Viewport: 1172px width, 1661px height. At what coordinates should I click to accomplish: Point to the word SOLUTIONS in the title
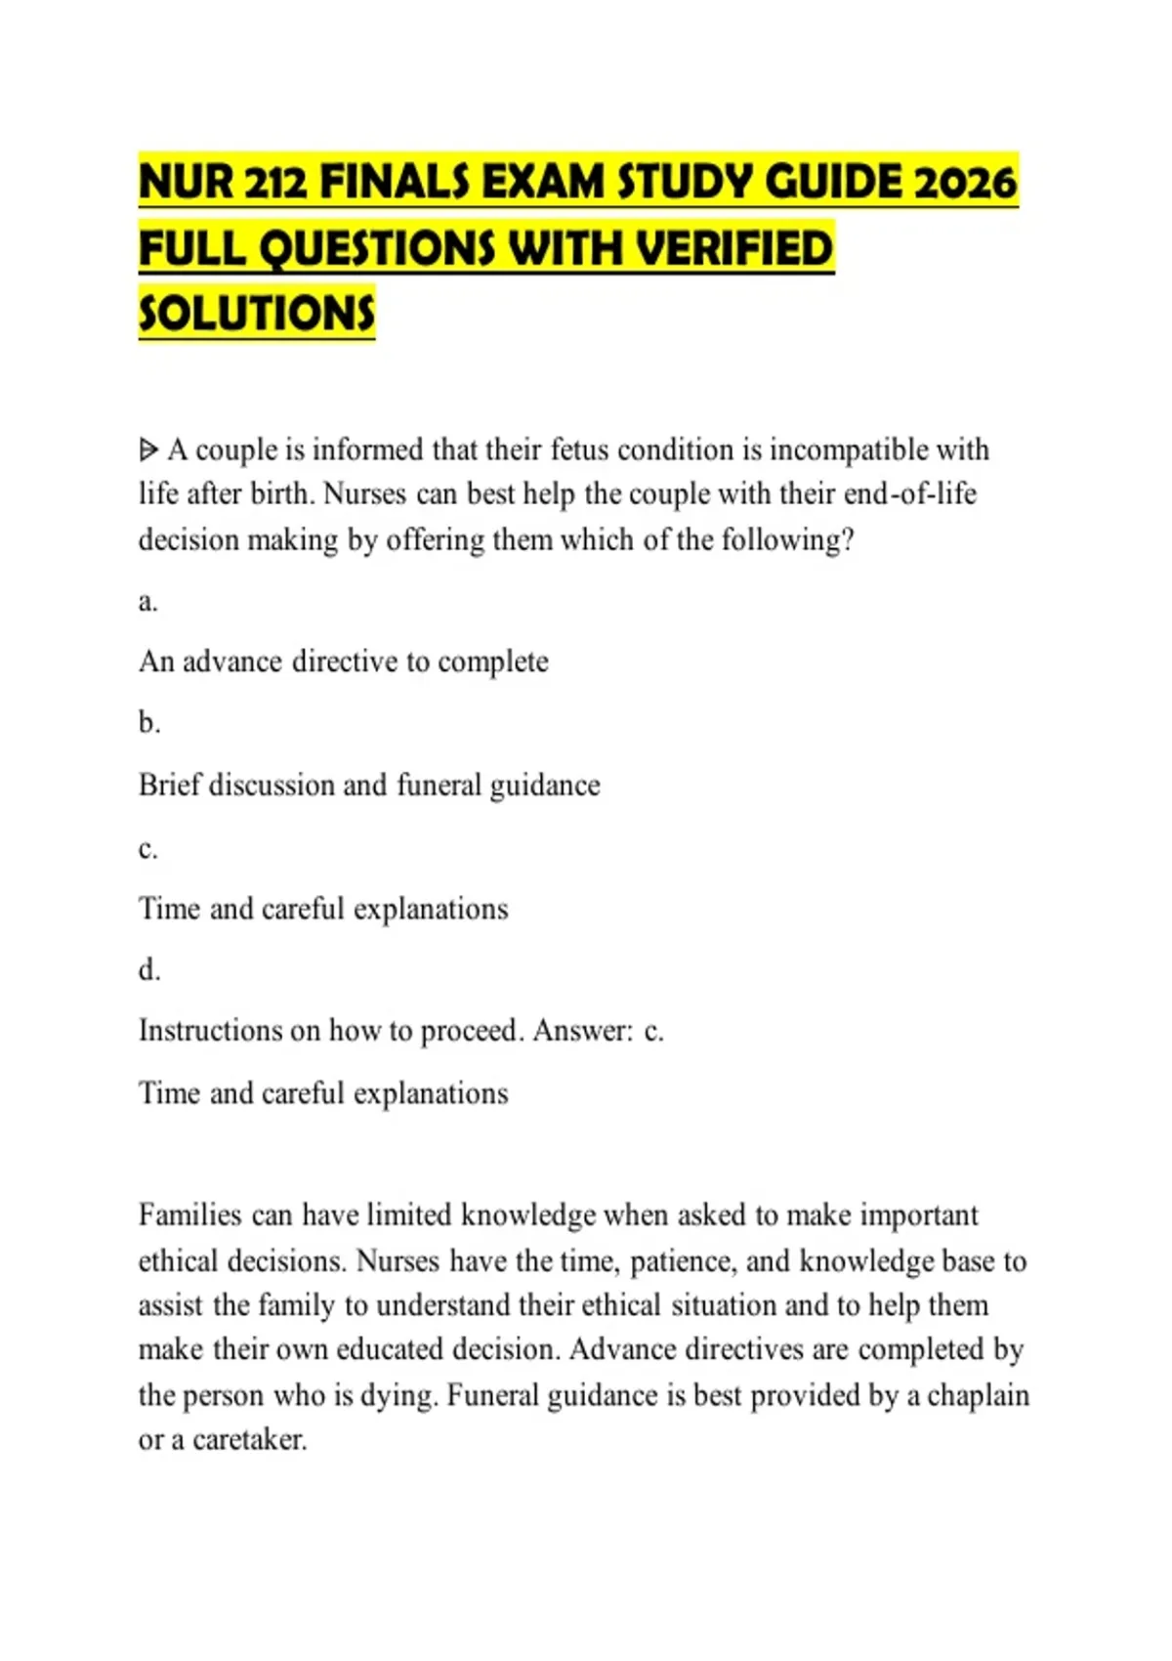(x=257, y=314)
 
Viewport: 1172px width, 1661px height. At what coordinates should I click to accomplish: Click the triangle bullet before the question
(x=148, y=450)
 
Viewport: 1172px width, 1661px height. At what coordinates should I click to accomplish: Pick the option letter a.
(x=147, y=601)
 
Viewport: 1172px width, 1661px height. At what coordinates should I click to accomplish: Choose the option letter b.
(x=148, y=723)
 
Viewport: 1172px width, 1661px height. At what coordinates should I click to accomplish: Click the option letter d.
(x=148, y=970)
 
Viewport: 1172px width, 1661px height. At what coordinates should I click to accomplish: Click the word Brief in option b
(x=169, y=785)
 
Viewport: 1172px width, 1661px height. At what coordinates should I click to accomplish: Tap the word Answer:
(x=583, y=1031)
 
